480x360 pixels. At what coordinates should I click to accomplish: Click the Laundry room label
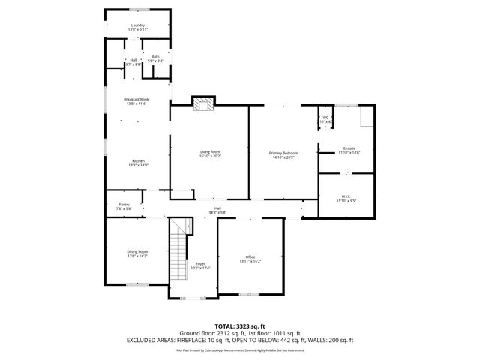pos(138,25)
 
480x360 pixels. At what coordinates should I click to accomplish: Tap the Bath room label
pos(155,56)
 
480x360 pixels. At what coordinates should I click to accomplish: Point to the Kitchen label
pos(139,161)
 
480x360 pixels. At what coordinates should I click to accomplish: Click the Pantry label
pos(124,205)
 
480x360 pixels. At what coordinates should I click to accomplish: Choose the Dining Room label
pos(137,251)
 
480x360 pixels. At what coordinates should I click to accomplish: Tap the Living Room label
pos(210,152)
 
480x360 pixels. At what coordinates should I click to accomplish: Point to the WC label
pos(326,118)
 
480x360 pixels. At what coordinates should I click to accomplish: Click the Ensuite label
pos(349,148)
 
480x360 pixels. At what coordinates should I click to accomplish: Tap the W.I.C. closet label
pos(346,197)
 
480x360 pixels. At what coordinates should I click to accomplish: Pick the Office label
pos(250,256)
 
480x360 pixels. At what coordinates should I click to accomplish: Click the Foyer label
pos(200,264)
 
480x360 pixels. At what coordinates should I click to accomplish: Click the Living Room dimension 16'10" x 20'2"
pos(210,157)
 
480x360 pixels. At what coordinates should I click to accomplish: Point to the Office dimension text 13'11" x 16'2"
pos(250,261)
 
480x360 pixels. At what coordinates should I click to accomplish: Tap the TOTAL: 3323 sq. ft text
pos(239,325)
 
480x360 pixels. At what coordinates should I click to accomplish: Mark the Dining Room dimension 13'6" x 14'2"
pos(137,256)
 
